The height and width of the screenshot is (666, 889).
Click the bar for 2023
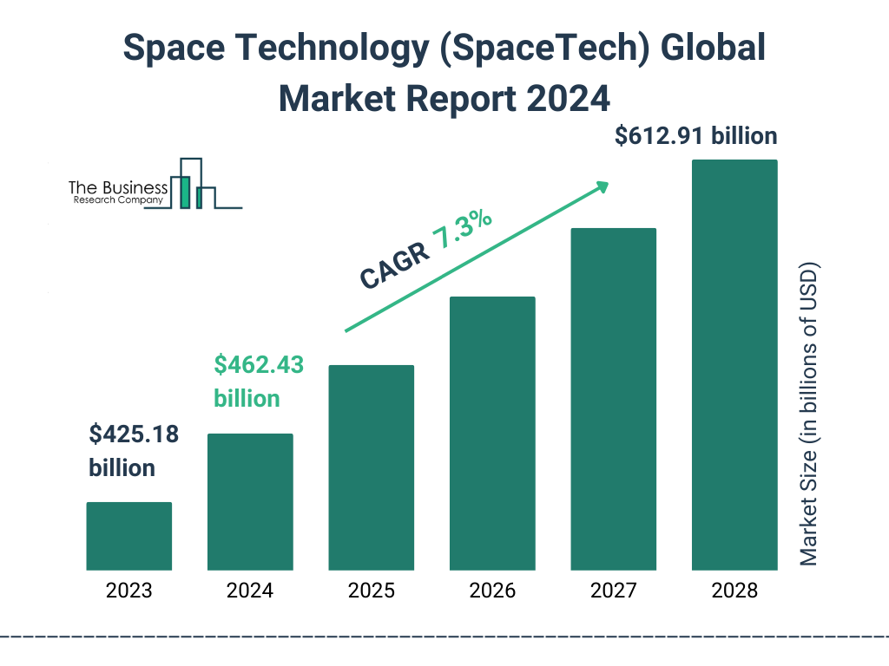tap(128, 536)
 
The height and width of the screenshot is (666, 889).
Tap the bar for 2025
tap(371, 467)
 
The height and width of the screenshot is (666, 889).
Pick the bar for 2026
tap(492, 434)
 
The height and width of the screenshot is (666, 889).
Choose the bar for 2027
tap(613, 399)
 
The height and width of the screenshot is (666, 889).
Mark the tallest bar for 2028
tap(734, 365)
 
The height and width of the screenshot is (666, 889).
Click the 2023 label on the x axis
tap(128, 591)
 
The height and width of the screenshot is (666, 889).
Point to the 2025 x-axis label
tap(371, 591)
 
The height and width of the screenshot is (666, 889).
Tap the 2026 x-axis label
tap(492, 591)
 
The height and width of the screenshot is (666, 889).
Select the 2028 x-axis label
tap(734, 591)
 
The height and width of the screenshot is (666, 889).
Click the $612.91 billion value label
tap(695, 136)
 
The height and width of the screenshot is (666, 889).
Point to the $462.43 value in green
tap(259, 365)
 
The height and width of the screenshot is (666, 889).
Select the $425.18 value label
tap(134, 434)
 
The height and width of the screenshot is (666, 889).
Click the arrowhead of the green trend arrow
tap(601, 186)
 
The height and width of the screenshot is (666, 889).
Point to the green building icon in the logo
tap(184, 192)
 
